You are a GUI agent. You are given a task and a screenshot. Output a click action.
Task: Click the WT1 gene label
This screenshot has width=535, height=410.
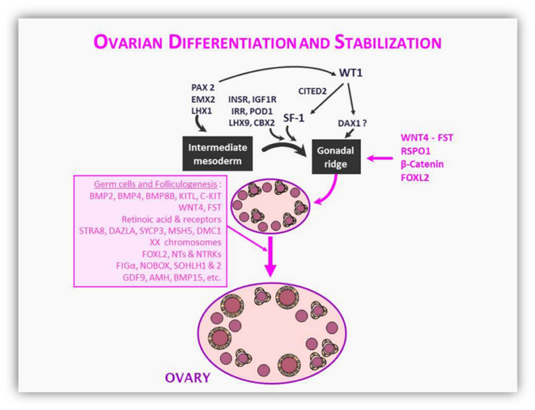coord(351,72)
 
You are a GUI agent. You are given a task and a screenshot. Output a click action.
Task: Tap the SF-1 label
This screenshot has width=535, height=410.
coord(294,118)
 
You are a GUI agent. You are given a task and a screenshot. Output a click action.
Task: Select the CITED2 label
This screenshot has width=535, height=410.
coord(313,91)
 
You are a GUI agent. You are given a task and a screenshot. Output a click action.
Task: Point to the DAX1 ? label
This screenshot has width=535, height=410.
coord(352,123)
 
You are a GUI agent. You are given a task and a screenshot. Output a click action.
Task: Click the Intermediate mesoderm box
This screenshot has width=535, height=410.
coord(217,154)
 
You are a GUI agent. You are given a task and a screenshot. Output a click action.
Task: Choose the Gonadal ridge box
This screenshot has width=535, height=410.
coord(336,157)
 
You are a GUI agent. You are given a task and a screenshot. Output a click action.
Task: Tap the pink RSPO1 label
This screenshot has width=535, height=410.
coord(416,151)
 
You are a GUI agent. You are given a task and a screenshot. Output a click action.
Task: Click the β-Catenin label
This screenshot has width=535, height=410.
coord(422,164)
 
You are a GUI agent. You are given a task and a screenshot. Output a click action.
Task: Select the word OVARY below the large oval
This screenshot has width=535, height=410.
coord(187,377)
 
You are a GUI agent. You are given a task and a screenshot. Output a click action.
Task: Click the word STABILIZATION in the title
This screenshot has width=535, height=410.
coord(388,42)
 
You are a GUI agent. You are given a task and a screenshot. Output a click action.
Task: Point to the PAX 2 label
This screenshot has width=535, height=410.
coord(203,88)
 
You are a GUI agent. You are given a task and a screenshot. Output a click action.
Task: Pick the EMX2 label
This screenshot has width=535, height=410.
coord(203,100)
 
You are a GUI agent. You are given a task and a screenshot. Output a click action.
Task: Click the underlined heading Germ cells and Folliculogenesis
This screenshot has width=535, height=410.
coord(155,184)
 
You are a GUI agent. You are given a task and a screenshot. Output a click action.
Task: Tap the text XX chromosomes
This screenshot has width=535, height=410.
coord(185,242)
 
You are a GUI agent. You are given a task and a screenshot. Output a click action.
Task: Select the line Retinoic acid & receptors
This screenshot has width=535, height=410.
coord(171,219)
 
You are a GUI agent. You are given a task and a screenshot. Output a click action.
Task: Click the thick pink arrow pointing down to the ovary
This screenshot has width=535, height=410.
coord(270,256)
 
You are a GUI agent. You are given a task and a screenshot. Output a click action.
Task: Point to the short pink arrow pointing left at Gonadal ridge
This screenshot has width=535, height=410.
coord(380,158)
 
